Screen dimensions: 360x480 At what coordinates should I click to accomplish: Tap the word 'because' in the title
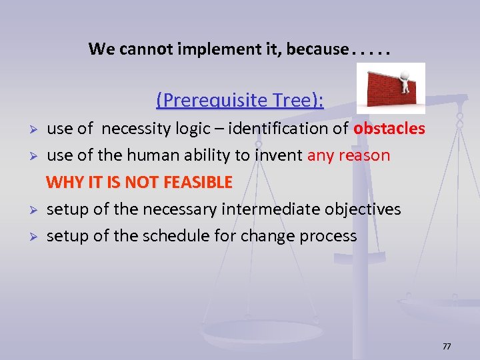317,49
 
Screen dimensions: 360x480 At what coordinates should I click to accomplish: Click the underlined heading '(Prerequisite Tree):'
240,100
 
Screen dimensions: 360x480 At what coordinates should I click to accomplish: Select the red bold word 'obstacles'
389,129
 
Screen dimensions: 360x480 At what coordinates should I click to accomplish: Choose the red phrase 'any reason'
349,155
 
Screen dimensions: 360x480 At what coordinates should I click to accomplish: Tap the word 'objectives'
363,209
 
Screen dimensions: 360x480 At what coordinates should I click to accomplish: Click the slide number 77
447,347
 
